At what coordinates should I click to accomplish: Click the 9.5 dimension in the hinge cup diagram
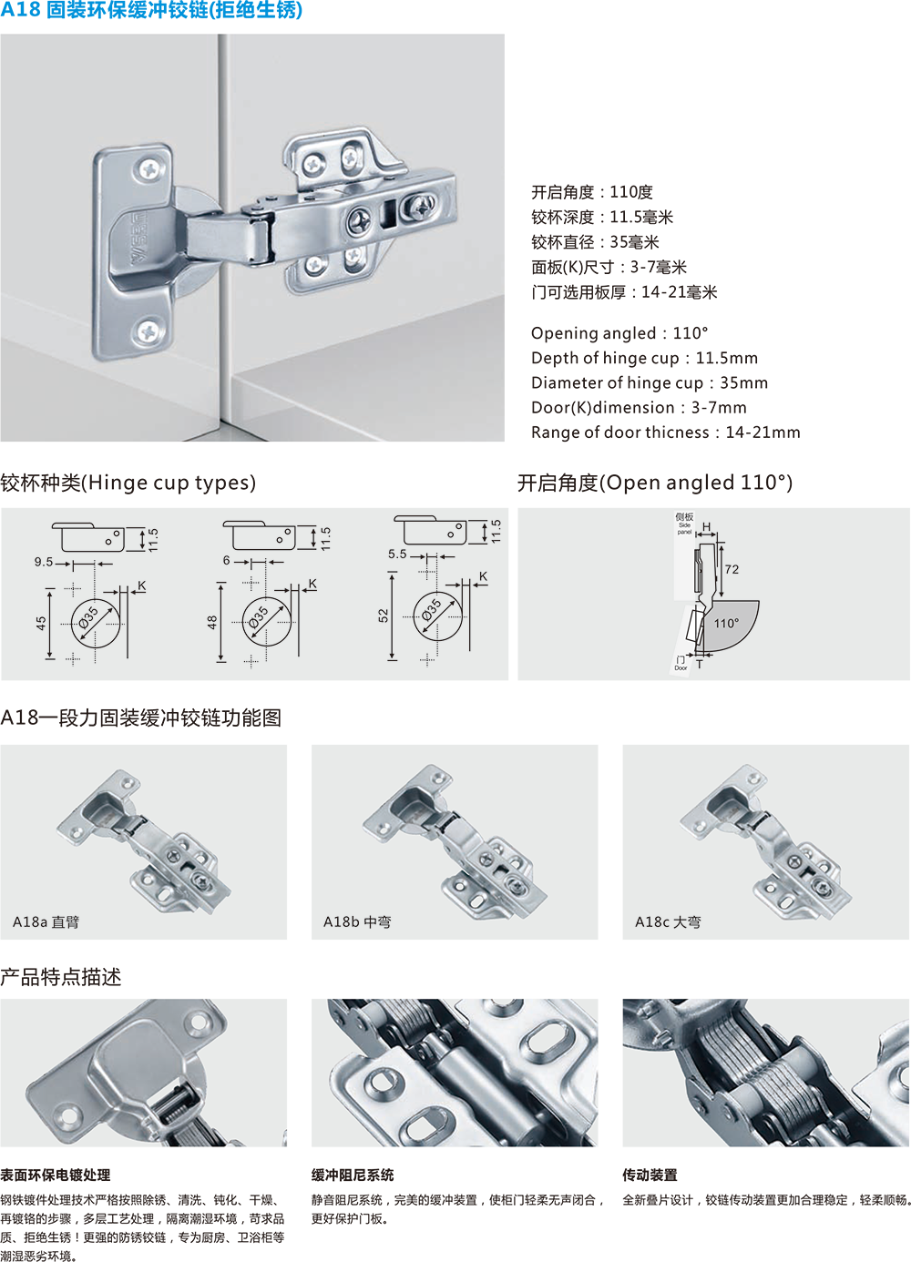44,562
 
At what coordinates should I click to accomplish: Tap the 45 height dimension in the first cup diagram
41,623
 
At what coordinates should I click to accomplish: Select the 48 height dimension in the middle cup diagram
212,622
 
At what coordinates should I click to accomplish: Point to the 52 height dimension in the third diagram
384,616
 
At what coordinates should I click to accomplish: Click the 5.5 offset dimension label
397,554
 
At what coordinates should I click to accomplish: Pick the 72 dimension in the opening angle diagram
732,569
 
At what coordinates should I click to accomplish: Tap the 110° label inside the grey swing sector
726,623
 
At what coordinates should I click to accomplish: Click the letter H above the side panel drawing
706,527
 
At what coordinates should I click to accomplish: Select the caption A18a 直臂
46,922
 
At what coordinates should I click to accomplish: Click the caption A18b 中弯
357,922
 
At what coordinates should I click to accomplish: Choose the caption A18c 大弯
668,922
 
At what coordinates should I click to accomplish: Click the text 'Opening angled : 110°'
619,333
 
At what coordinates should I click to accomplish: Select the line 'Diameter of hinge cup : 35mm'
650,382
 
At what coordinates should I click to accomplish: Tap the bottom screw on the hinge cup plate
149,331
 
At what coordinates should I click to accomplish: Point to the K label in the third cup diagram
483,575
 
